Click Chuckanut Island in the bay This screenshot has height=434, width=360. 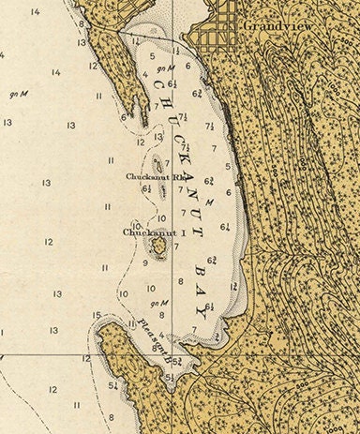158,246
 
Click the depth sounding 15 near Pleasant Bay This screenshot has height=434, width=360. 97,315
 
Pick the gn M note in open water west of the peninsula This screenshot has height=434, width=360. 18,94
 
